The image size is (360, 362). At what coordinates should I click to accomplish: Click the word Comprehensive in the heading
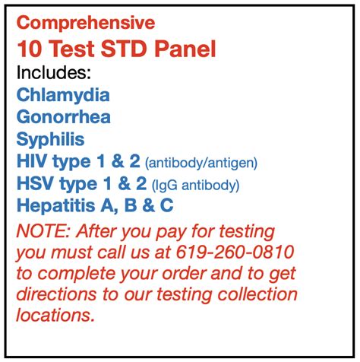coord(86,24)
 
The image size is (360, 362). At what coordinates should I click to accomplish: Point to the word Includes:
coord(53,72)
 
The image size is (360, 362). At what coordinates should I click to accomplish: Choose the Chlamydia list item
coord(63,96)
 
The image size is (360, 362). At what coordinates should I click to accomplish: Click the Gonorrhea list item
coord(64,116)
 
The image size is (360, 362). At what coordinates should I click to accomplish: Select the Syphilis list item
coord(50,140)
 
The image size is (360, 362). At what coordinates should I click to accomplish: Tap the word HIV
coord(32,161)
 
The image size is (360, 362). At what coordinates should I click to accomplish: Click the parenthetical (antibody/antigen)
coord(201,163)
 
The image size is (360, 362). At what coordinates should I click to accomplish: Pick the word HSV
coord(36,183)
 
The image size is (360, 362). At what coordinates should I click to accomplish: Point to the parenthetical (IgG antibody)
coord(195,186)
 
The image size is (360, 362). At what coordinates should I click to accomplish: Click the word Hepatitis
coord(56,205)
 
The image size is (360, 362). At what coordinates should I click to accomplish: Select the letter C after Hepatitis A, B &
coord(166,205)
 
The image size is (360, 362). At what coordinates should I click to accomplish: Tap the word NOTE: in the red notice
coord(41,231)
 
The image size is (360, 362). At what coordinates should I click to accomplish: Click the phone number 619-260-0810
coord(235,252)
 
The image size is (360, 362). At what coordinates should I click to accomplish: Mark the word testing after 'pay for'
coord(247,232)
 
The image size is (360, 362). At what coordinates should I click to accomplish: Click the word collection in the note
coord(257,294)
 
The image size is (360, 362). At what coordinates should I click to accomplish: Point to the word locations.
coord(55,316)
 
